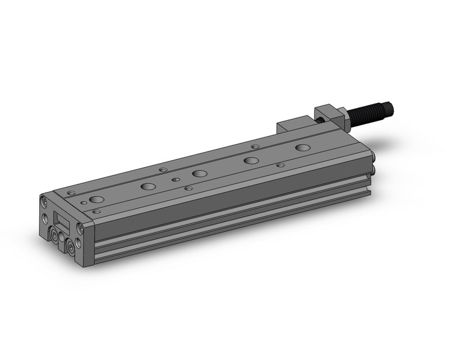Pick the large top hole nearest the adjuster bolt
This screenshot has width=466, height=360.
coord(302,148)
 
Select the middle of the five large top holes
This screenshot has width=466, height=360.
coord(199,174)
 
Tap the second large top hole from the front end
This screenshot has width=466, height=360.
coord(148,186)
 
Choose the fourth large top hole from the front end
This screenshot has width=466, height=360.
coord(250,161)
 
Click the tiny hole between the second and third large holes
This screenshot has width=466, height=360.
coord(175,180)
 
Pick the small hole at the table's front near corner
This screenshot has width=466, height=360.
coord(96,211)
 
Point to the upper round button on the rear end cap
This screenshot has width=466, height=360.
coord(373,164)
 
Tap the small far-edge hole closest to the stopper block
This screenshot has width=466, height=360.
coord(255,147)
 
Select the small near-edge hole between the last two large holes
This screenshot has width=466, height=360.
coord(280,165)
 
